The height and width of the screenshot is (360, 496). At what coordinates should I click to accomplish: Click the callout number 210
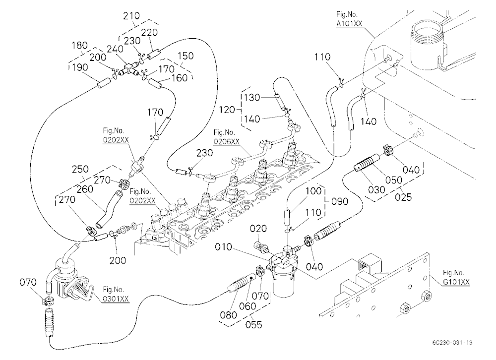pos(131,15)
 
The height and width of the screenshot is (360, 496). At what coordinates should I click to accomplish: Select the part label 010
pos(224,247)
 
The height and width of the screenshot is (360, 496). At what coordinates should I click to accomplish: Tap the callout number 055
pos(254,325)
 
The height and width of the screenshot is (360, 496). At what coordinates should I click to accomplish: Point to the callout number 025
pos(403,197)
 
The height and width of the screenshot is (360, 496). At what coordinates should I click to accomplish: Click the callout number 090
pos(339,201)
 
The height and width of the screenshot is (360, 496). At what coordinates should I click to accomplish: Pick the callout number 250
pos(80,169)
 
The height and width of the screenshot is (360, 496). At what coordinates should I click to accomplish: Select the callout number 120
pos(227,110)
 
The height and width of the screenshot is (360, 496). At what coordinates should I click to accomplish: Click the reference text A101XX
pos(349,23)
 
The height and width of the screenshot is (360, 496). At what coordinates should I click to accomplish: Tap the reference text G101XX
pos(456,282)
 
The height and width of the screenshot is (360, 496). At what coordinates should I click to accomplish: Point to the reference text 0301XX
pos(116,299)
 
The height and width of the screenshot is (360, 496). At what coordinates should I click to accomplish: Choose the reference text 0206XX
pos(227,141)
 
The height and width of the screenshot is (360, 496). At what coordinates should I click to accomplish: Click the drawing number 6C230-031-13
pos(452,343)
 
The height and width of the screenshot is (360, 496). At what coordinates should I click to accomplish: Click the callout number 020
pos(258,229)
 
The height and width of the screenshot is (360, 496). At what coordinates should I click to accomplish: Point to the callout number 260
pos(85,189)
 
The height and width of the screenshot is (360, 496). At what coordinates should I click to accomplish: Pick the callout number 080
pos(228,315)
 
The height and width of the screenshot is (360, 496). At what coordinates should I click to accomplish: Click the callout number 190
pos(80,67)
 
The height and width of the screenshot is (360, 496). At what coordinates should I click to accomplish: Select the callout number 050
pos(394,180)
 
